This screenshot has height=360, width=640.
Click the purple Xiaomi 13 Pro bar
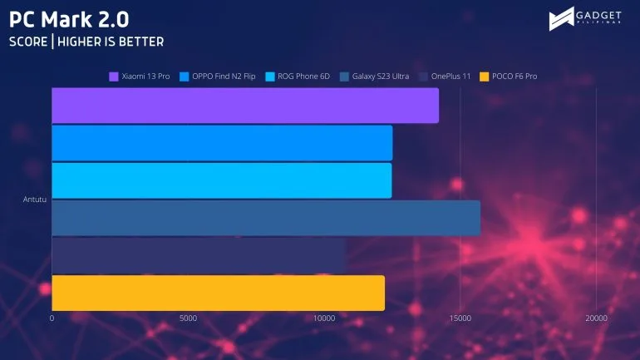pyautogui.click(x=245, y=106)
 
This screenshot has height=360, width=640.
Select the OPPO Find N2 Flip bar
pyautogui.click(x=222, y=143)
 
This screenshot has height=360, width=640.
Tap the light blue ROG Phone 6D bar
pyautogui.click(x=222, y=180)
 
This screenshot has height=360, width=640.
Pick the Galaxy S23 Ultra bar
pyautogui.click(x=266, y=218)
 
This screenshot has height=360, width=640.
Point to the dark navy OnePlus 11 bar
pyautogui.click(x=199, y=255)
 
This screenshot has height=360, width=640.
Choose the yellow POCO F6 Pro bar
pyautogui.click(x=219, y=293)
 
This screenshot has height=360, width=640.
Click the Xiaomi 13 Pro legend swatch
pyautogui.click(x=114, y=76)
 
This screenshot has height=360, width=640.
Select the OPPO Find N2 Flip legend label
pyautogui.click(x=224, y=76)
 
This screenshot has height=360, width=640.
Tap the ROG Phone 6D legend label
pyautogui.click(x=303, y=76)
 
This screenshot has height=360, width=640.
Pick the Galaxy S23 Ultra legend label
pyautogui.click(x=381, y=76)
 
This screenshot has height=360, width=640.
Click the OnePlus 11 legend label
pyautogui.click(x=450, y=76)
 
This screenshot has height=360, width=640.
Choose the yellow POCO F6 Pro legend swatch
pyautogui.click(x=484, y=76)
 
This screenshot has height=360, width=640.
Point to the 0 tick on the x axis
pyautogui.click(x=52, y=318)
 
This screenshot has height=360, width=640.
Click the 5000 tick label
pyautogui.click(x=188, y=318)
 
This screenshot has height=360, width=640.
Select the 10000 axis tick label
pyautogui.click(x=324, y=318)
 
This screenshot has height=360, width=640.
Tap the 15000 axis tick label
pyautogui.click(x=460, y=318)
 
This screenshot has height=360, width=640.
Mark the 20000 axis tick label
pyautogui.click(x=596, y=318)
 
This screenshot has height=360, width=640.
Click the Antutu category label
pyautogui.click(x=35, y=200)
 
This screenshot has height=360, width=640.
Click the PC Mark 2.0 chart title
pyautogui.click(x=69, y=19)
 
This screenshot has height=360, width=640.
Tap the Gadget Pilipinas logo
pyautogui.click(x=585, y=19)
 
